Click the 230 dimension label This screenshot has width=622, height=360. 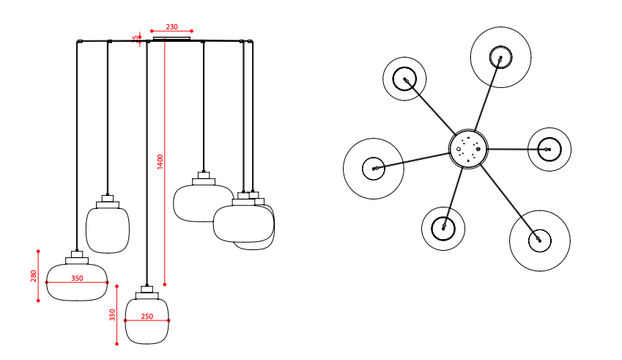tap(171, 26)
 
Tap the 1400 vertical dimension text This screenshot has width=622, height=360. tap(160, 161)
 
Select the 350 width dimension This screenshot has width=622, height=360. tap(77, 279)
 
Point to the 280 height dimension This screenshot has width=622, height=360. tap(34, 276)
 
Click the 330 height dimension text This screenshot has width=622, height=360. tap(112, 315)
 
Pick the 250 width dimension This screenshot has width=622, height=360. tap(147, 317)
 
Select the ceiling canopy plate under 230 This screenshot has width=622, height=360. tap(171, 38)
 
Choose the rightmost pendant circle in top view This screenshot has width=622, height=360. tap(547, 150)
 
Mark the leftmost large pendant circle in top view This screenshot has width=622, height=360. tap(374, 169)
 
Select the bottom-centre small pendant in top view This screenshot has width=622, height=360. tap(443, 228)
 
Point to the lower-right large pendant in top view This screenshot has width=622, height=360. tap(540, 240)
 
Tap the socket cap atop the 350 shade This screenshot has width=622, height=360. tap(77, 257)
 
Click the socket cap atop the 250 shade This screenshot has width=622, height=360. tap(147, 293)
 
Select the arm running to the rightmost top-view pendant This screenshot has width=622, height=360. tap(513, 150)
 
